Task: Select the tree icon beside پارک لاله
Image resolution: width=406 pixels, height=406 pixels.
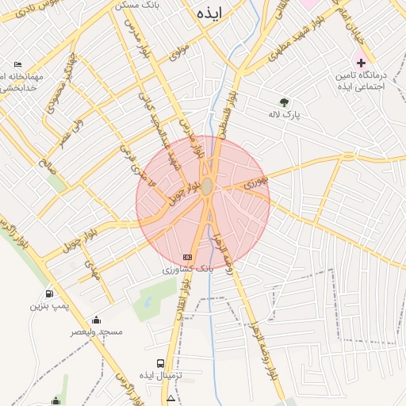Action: [x=284, y=101]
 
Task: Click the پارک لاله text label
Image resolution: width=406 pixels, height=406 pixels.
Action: [x=310, y=114]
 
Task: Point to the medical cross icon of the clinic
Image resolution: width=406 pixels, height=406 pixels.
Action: [x=361, y=62]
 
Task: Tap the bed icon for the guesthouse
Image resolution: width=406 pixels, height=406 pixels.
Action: [x=18, y=64]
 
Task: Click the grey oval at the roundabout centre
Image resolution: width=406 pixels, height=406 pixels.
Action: [x=207, y=186]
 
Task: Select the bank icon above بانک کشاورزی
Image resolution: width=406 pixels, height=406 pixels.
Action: [x=187, y=257]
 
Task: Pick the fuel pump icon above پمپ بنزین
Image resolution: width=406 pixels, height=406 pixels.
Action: [x=50, y=293]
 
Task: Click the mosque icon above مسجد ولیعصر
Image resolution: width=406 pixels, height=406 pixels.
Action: [x=97, y=320]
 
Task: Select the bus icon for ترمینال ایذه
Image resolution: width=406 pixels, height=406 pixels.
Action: [x=161, y=362]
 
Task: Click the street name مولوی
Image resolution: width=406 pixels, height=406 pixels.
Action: [x=179, y=49]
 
